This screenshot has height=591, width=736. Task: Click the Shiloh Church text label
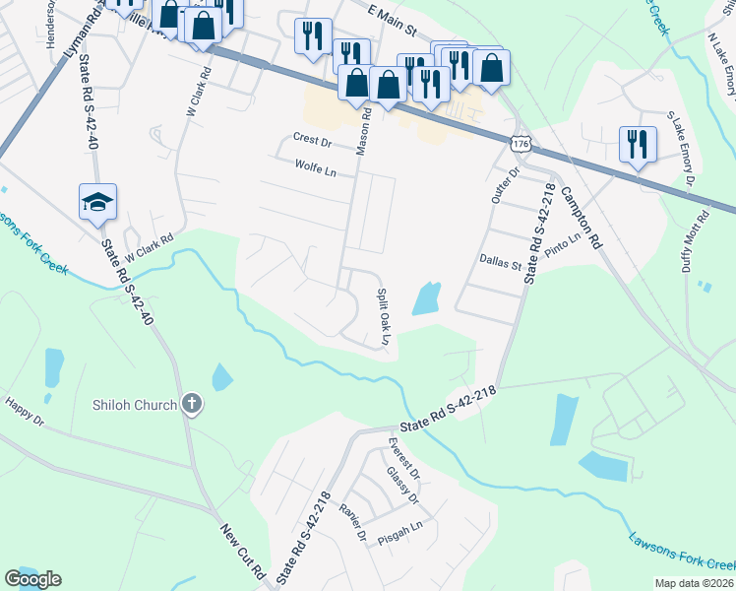[x=135, y=404]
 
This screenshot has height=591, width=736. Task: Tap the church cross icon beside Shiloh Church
[x=192, y=403]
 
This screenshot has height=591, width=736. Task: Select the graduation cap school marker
[x=98, y=203]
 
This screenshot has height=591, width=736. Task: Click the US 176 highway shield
[x=520, y=145]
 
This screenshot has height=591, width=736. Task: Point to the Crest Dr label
[x=313, y=142]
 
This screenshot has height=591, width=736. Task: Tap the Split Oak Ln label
[x=386, y=317]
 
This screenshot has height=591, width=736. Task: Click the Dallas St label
[x=499, y=262]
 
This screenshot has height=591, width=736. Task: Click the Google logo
[x=32, y=579]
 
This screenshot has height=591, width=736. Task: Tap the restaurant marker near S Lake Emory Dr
[x=636, y=146]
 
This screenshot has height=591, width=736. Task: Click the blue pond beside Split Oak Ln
[x=425, y=297]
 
